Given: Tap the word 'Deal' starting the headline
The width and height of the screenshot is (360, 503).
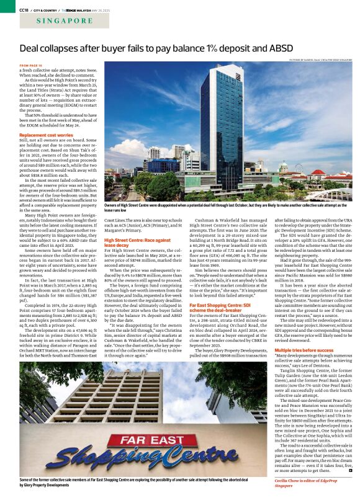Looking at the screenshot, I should (32, 48).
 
